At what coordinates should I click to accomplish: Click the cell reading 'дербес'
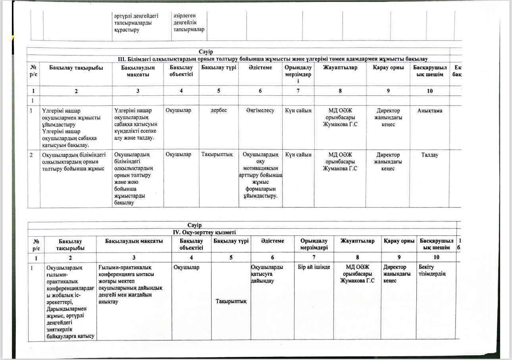[218, 110]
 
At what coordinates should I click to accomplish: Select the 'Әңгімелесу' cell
[260, 111]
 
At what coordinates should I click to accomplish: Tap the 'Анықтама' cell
[429, 111]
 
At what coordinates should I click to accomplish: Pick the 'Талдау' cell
[429, 155]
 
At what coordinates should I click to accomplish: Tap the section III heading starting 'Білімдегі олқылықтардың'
[274, 59]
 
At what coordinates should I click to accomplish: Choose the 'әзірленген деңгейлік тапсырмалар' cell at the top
[189, 23]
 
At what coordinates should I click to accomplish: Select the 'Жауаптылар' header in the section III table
[340, 68]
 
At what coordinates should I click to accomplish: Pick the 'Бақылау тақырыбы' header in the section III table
[76, 68]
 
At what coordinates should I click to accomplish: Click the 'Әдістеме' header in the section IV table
[273, 241]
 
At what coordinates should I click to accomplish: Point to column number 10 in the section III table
[429, 91]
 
